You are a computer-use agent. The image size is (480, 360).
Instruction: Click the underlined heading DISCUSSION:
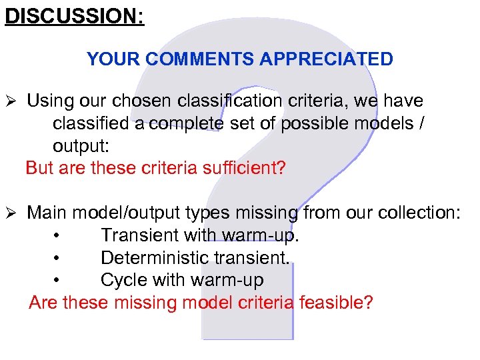[x=74, y=15]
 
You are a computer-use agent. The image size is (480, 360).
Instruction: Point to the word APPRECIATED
[x=327, y=59]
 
